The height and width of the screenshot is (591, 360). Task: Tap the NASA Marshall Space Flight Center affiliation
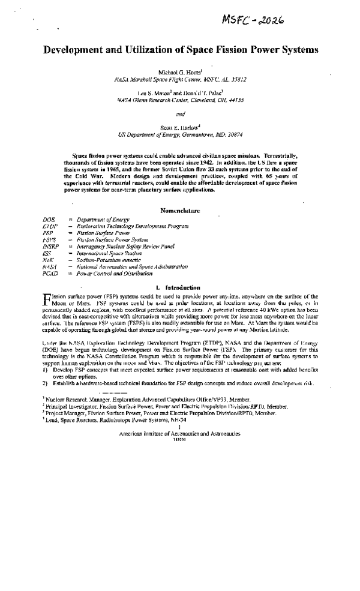[x=181, y=79]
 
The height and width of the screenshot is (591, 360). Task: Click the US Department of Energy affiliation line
[x=180, y=135]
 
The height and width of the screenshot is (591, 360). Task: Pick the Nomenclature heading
[x=181, y=211]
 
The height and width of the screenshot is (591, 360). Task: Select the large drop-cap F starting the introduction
[x=48, y=299]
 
